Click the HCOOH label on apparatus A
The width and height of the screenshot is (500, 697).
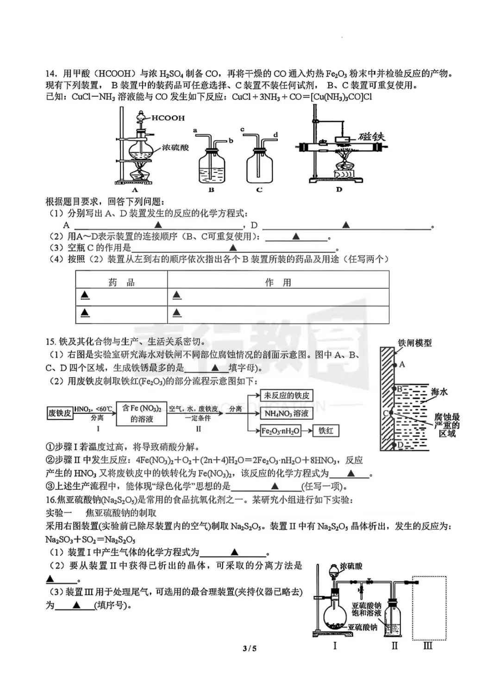pyautogui.click(x=168, y=118)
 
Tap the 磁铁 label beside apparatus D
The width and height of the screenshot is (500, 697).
pyautogui.click(x=371, y=136)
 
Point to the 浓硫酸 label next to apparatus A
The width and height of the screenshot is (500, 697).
pyautogui.click(x=175, y=147)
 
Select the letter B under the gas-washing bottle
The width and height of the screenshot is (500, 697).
pyautogui.click(x=211, y=190)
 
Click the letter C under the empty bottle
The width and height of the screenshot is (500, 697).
pyautogui.click(x=259, y=190)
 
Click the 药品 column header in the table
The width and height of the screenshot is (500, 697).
pyautogui.click(x=121, y=282)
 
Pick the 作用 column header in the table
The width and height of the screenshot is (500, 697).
pyautogui.click(x=278, y=282)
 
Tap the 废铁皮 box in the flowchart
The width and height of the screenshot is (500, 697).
pyautogui.click(x=60, y=412)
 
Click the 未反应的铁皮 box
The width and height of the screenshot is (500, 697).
pyautogui.click(x=287, y=395)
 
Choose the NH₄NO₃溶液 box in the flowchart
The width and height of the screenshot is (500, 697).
pyautogui.click(x=286, y=413)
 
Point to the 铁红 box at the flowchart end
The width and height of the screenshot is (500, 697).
pyautogui.click(x=326, y=431)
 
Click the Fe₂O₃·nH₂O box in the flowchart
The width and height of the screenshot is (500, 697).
pyautogui.click(x=281, y=431)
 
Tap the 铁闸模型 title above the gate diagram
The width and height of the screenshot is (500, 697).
pyautogui.click(x=414, y=343)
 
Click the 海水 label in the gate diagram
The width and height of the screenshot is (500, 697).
pyautogui.click(x=439, y=392)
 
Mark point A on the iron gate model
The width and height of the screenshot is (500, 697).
pyautogui.click(x=401, y=364)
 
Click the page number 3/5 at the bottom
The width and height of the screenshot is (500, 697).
pyautogui.click(x=250, y=648)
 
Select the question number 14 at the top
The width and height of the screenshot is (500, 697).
pyautogui.click(x=51, y=74)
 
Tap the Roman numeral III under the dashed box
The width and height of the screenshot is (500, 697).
pyautogui.click(x=428, y=645)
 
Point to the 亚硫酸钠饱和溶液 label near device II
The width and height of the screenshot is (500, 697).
pyautogui.click(x=366, y=609)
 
